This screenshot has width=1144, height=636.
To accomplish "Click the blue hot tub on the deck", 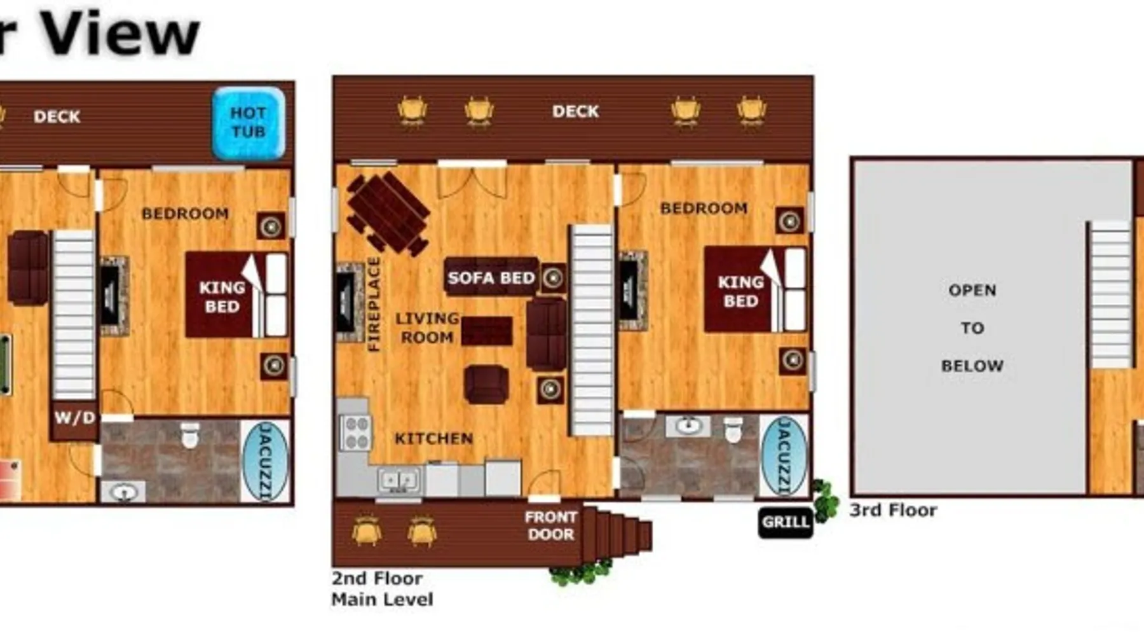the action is pos(249,123).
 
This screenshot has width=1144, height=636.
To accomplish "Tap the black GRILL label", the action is pos(786,522).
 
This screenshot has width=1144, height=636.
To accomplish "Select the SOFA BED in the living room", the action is pos(491,277).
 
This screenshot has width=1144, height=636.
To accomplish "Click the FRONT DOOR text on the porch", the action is pos(550,526).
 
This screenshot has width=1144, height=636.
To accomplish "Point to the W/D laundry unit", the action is pos(74,418).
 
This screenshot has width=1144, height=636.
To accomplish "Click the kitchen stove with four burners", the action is pos(355,432).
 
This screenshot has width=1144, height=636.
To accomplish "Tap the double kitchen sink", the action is pos(398,480).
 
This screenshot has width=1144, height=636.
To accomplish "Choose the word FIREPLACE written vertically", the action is pos(374,304).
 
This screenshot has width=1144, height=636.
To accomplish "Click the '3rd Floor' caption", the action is pos(893,510).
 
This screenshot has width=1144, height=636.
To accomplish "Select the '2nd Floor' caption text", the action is pos(377,578).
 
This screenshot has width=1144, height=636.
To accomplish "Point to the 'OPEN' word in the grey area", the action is pos(972,290).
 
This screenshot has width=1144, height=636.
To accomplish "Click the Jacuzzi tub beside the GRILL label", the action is pos(784,455).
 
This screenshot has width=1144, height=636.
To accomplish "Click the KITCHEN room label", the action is pos(434,438).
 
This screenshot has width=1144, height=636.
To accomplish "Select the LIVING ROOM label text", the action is pos(426,328).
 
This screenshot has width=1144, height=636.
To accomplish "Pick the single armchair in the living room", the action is pos(486,384).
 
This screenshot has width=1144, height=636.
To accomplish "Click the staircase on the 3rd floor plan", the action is pos(1110,294).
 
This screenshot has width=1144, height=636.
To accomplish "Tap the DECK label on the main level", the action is pos(575,111).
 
